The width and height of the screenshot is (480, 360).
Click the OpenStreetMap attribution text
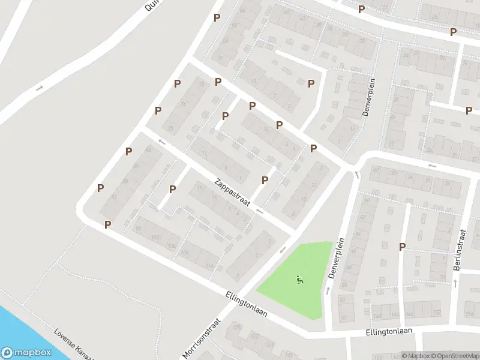tap(456, 356)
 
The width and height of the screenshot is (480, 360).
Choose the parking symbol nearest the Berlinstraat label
tap(403, 247)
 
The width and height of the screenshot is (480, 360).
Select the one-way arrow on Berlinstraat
tap(455, 282)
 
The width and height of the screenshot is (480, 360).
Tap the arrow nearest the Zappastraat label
tap(259, 211)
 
